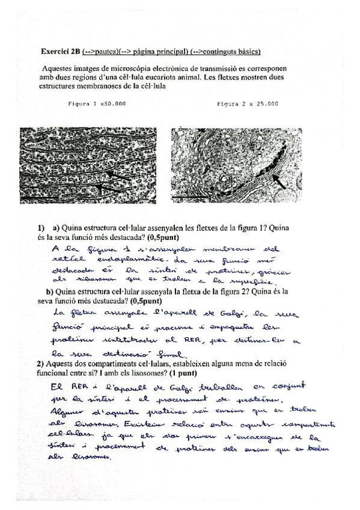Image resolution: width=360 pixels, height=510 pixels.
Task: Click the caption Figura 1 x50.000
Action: (97, 103)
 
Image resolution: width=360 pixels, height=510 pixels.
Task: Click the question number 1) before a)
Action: (41, 229)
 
